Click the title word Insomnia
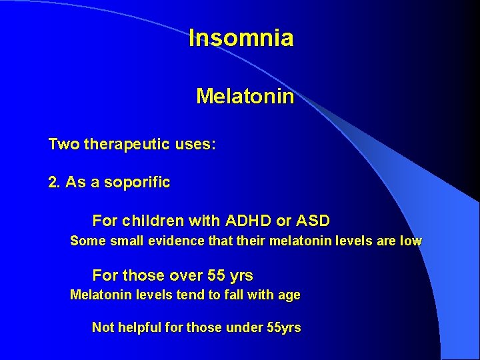(x=241, y=38)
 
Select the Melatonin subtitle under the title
(x=245, y=97)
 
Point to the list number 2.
(x=53, y=182)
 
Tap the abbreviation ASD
(x=314, y=220)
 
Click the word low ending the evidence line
(x=411, y=241)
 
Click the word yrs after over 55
(x=241, y=275)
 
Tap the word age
(x=289, y=295)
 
